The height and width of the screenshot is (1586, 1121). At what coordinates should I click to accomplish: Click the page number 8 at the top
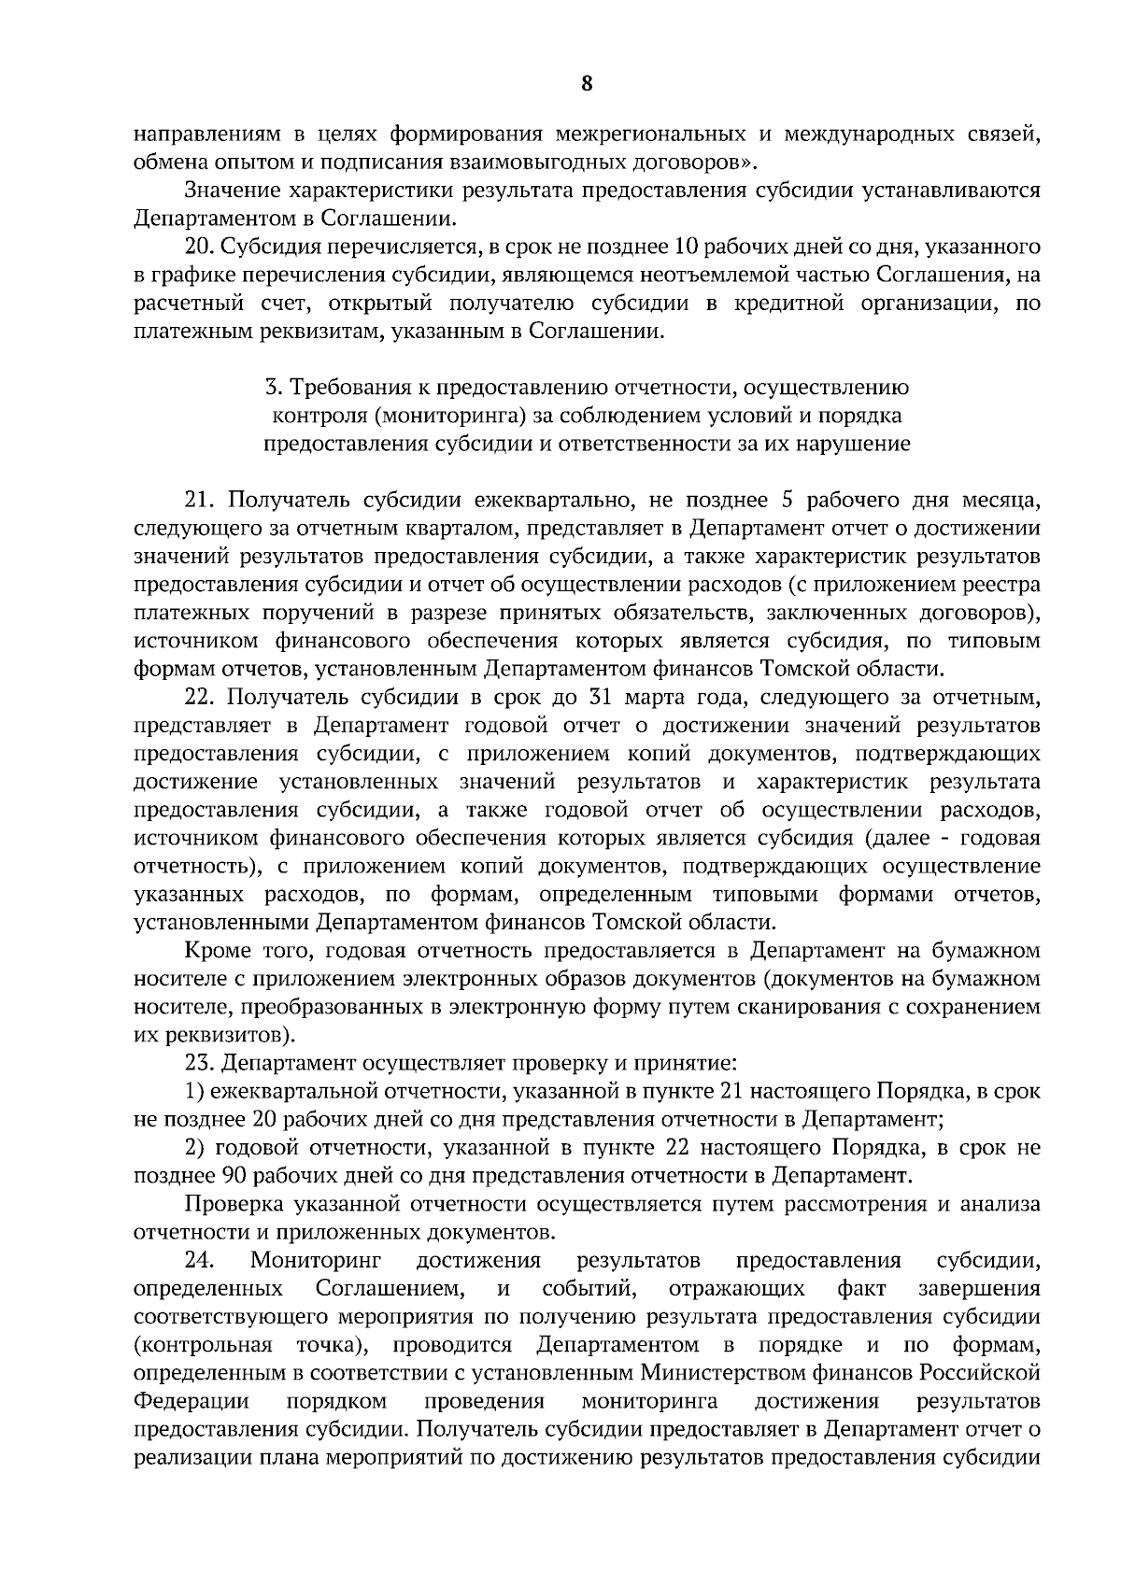(x=586, y=84)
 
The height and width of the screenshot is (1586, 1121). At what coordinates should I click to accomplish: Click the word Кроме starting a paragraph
(x=218, y=951)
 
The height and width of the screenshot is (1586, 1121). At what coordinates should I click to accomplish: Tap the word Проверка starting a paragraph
(x=230, y=1204)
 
